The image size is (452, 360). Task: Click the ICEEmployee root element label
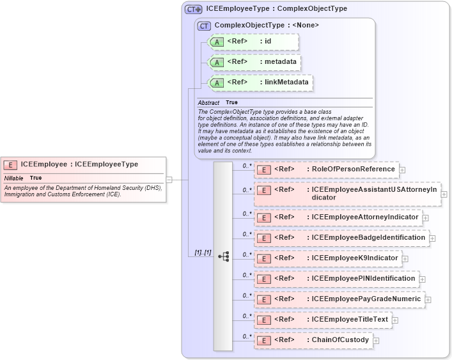click(79, 164)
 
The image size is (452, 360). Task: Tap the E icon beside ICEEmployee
click(12, 164)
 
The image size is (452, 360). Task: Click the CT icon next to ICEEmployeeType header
click(193, 10)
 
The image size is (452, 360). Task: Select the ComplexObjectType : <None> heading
click(267, 26)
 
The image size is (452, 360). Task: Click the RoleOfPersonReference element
click(353, 169)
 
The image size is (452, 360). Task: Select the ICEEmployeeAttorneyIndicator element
click(364, 217)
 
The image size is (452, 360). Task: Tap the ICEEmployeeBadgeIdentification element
click(368, 238)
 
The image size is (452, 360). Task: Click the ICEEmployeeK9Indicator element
click(355, 258)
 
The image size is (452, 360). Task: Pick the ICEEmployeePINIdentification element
click(363, 279)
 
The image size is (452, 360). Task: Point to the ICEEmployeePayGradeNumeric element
click(366, 299)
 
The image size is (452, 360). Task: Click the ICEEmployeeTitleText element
click(349, 320)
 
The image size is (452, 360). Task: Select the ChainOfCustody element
click(340, 340)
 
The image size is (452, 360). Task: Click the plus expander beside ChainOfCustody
click(376, 341)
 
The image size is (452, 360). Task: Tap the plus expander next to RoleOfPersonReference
click(403, 170)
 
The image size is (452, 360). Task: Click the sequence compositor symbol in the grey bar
click(223, 256)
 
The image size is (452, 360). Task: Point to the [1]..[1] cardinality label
click(203, 253)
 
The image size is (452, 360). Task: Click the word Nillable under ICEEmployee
click(14, 178)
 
